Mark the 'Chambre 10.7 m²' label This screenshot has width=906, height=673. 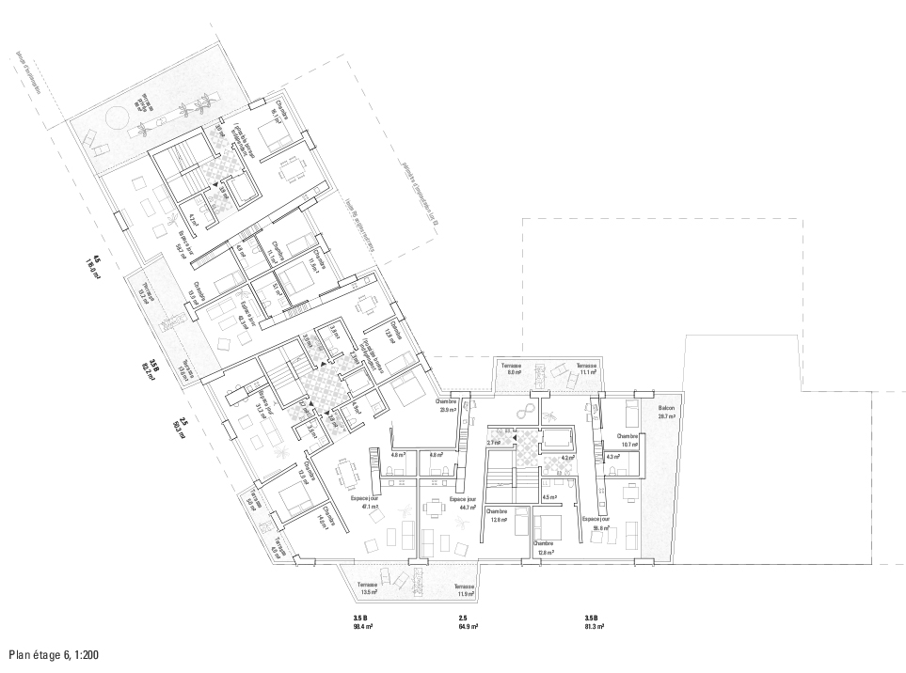click(x=628, y=442)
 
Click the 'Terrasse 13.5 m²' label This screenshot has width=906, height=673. click(x=367, y=589)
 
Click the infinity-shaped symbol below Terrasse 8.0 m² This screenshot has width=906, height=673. click(x=527, y=412)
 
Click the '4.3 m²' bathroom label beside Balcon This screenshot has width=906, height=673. click(x=613, y=457)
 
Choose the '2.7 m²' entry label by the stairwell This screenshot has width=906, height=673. click(x=492, y=442)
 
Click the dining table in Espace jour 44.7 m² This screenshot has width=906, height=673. click(x=435, y=509)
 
